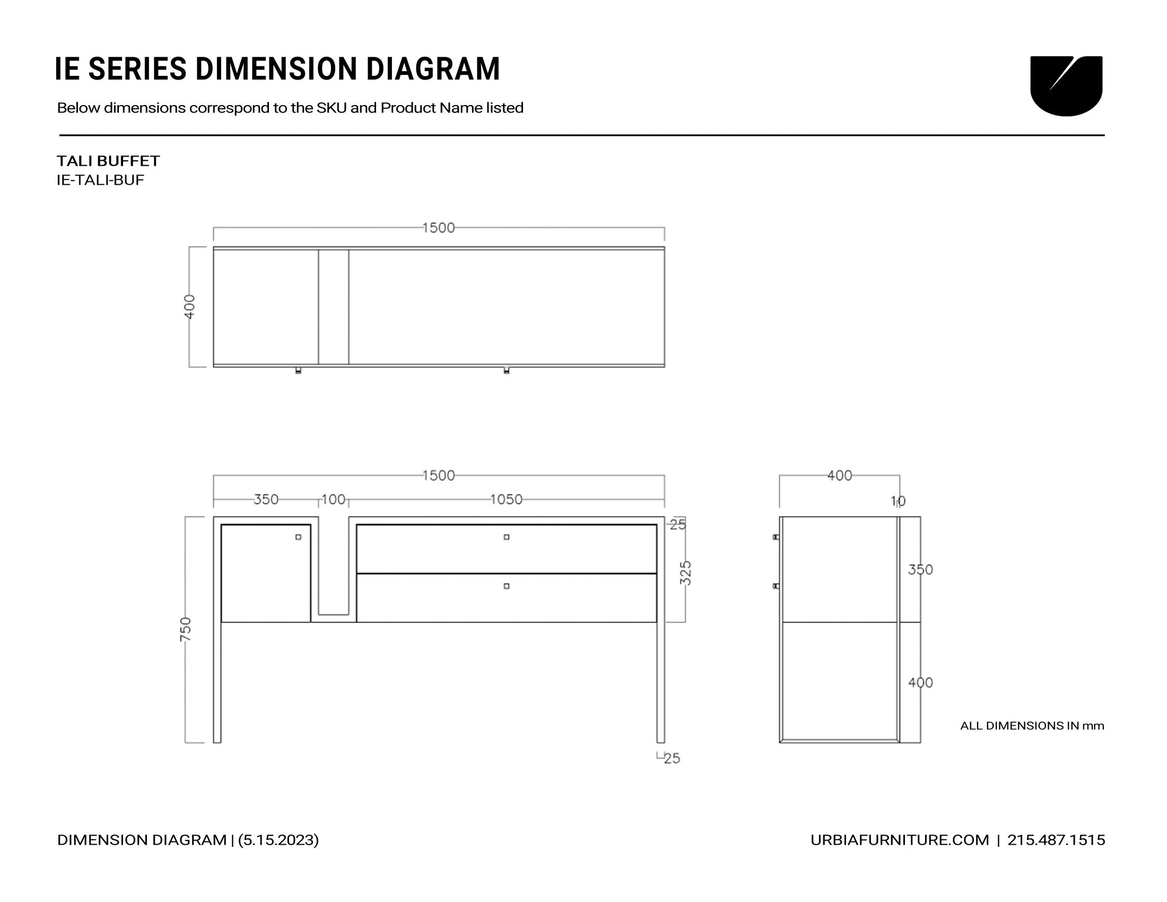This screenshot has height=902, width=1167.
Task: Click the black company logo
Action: click(x=1066, y=85)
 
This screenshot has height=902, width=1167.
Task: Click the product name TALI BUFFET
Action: click(x=108, y=161)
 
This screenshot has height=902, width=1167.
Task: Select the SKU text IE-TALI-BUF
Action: click(x=100, y=180)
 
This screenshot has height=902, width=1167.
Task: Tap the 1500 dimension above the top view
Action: click(x=439, y=228)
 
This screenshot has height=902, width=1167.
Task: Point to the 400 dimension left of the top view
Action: click(x=190, y=307)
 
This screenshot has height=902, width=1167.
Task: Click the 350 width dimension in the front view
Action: click(x=266, y=499)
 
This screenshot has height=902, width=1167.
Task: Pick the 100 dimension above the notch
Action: click(x=334, y=499)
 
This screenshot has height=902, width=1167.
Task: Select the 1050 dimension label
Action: click(x=507, y=499)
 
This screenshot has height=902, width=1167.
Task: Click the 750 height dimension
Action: click(x=186, y=629)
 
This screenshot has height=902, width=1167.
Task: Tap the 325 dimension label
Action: click(x=686, y=573)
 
